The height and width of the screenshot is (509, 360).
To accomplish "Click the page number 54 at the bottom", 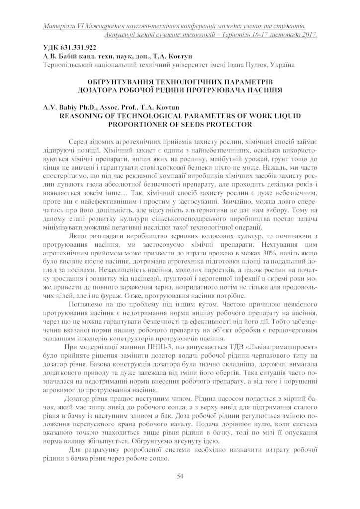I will coord(180,477).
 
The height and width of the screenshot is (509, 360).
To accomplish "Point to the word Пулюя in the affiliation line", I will coord(254,65).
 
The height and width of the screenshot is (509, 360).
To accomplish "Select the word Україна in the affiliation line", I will coord(281,65).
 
